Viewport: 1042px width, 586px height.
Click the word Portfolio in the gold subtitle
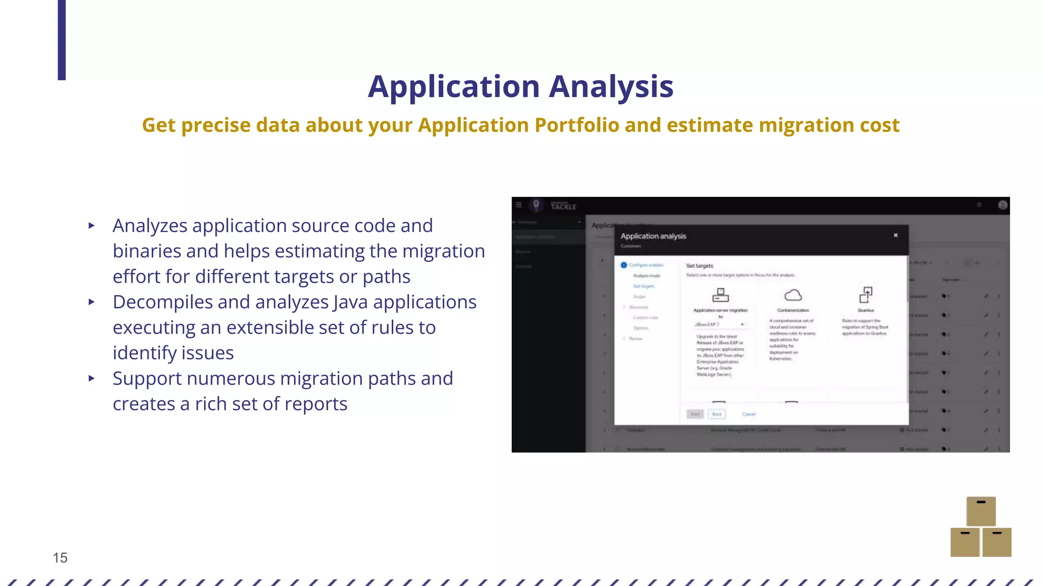[x=576, y=125]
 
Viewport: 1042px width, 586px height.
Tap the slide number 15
[x=60, y=558]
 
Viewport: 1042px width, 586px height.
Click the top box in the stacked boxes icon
[x=980, y=511]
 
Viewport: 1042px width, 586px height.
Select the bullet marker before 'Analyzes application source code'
[x=92, y=225]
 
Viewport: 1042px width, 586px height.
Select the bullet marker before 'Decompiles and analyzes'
[x=92, y=302]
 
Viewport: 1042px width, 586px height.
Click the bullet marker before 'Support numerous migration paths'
[x=92, y=378]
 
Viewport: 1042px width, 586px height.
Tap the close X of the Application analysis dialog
[x=895, y=236]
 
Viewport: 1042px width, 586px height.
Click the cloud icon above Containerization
[x=793, y=295]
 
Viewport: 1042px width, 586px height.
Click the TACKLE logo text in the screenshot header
[x=563, y=206]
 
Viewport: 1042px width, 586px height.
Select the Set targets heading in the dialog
[x=699, y=266]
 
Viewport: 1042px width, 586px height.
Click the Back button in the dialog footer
[x=716, y=414]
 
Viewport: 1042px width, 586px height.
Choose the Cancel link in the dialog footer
[x=748, y=414]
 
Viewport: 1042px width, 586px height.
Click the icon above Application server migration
[x=720, y=295]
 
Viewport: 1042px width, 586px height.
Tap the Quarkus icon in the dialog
[x=865, y=295]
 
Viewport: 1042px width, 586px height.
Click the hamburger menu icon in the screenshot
[x=518, y=205]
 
